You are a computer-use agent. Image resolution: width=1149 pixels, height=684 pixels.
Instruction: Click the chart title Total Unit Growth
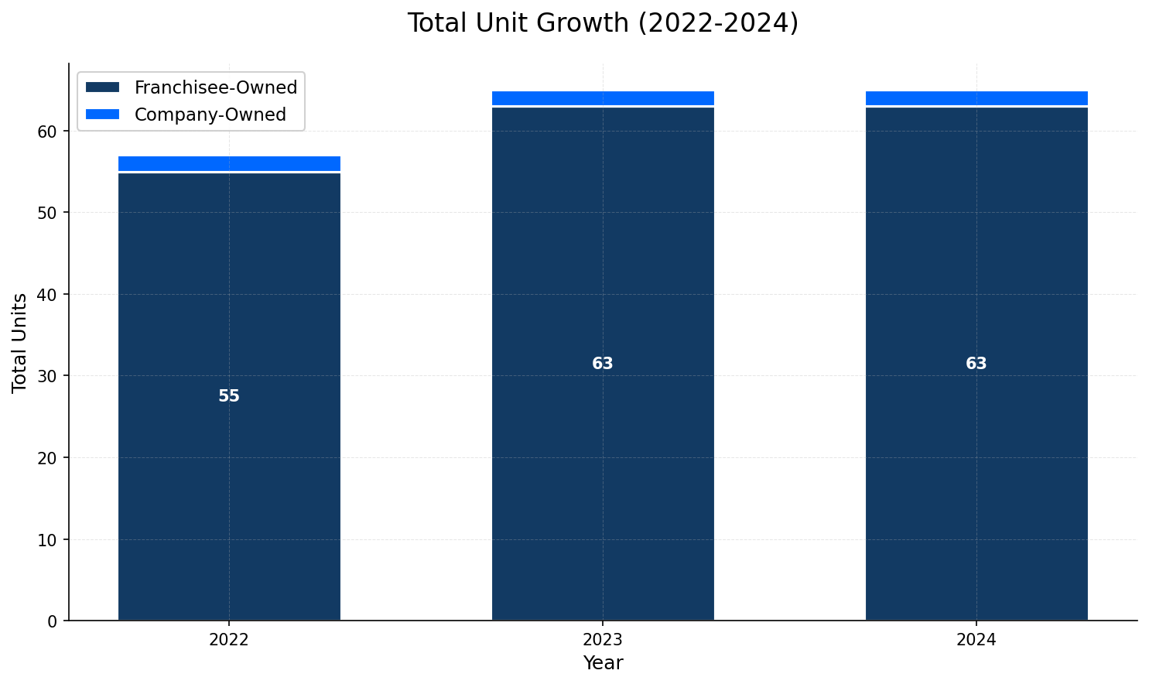click(603, 23)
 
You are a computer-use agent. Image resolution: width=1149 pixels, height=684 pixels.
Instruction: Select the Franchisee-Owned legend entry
click(216, 87)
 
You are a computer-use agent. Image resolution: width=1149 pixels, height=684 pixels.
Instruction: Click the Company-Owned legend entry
click(210, 115)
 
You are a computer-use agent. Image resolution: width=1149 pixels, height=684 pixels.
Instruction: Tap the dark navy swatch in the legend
click(103, 87)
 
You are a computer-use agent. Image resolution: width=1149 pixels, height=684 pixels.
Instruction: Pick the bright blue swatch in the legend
click(103, 115)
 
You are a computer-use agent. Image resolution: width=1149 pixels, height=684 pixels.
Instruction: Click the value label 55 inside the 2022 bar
click(229, 396)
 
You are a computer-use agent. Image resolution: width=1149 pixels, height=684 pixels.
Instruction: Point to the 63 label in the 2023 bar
click(603, 364)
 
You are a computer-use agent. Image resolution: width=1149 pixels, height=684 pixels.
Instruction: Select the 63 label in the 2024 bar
click(976, 364)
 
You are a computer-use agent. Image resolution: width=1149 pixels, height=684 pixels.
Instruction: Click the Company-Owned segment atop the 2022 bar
click(229, 163)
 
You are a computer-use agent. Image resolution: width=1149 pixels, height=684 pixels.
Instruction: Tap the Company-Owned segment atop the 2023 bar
click(603, 98)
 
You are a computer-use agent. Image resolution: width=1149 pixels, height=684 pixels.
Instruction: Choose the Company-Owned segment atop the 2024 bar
click(976, 98)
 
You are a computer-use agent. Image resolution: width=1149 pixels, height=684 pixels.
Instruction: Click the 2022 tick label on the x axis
click(229, 640)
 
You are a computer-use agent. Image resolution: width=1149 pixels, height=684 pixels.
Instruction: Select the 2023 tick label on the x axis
click(603, 640)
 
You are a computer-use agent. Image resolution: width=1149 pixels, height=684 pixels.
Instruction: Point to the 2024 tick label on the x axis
click(976, 640)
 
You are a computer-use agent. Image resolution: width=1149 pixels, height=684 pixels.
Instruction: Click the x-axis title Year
click(603, 663)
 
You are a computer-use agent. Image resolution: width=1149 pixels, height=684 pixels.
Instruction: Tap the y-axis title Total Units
click(20, 342)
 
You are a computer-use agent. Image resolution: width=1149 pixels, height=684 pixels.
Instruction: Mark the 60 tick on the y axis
click(48, 132)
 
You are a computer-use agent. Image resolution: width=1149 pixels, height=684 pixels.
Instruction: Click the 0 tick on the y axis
click(53, 621)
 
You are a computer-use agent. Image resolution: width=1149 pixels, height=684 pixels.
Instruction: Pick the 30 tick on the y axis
click(48, 376)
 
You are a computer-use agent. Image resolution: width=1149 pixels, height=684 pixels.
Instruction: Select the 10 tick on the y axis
click(48, 539)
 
